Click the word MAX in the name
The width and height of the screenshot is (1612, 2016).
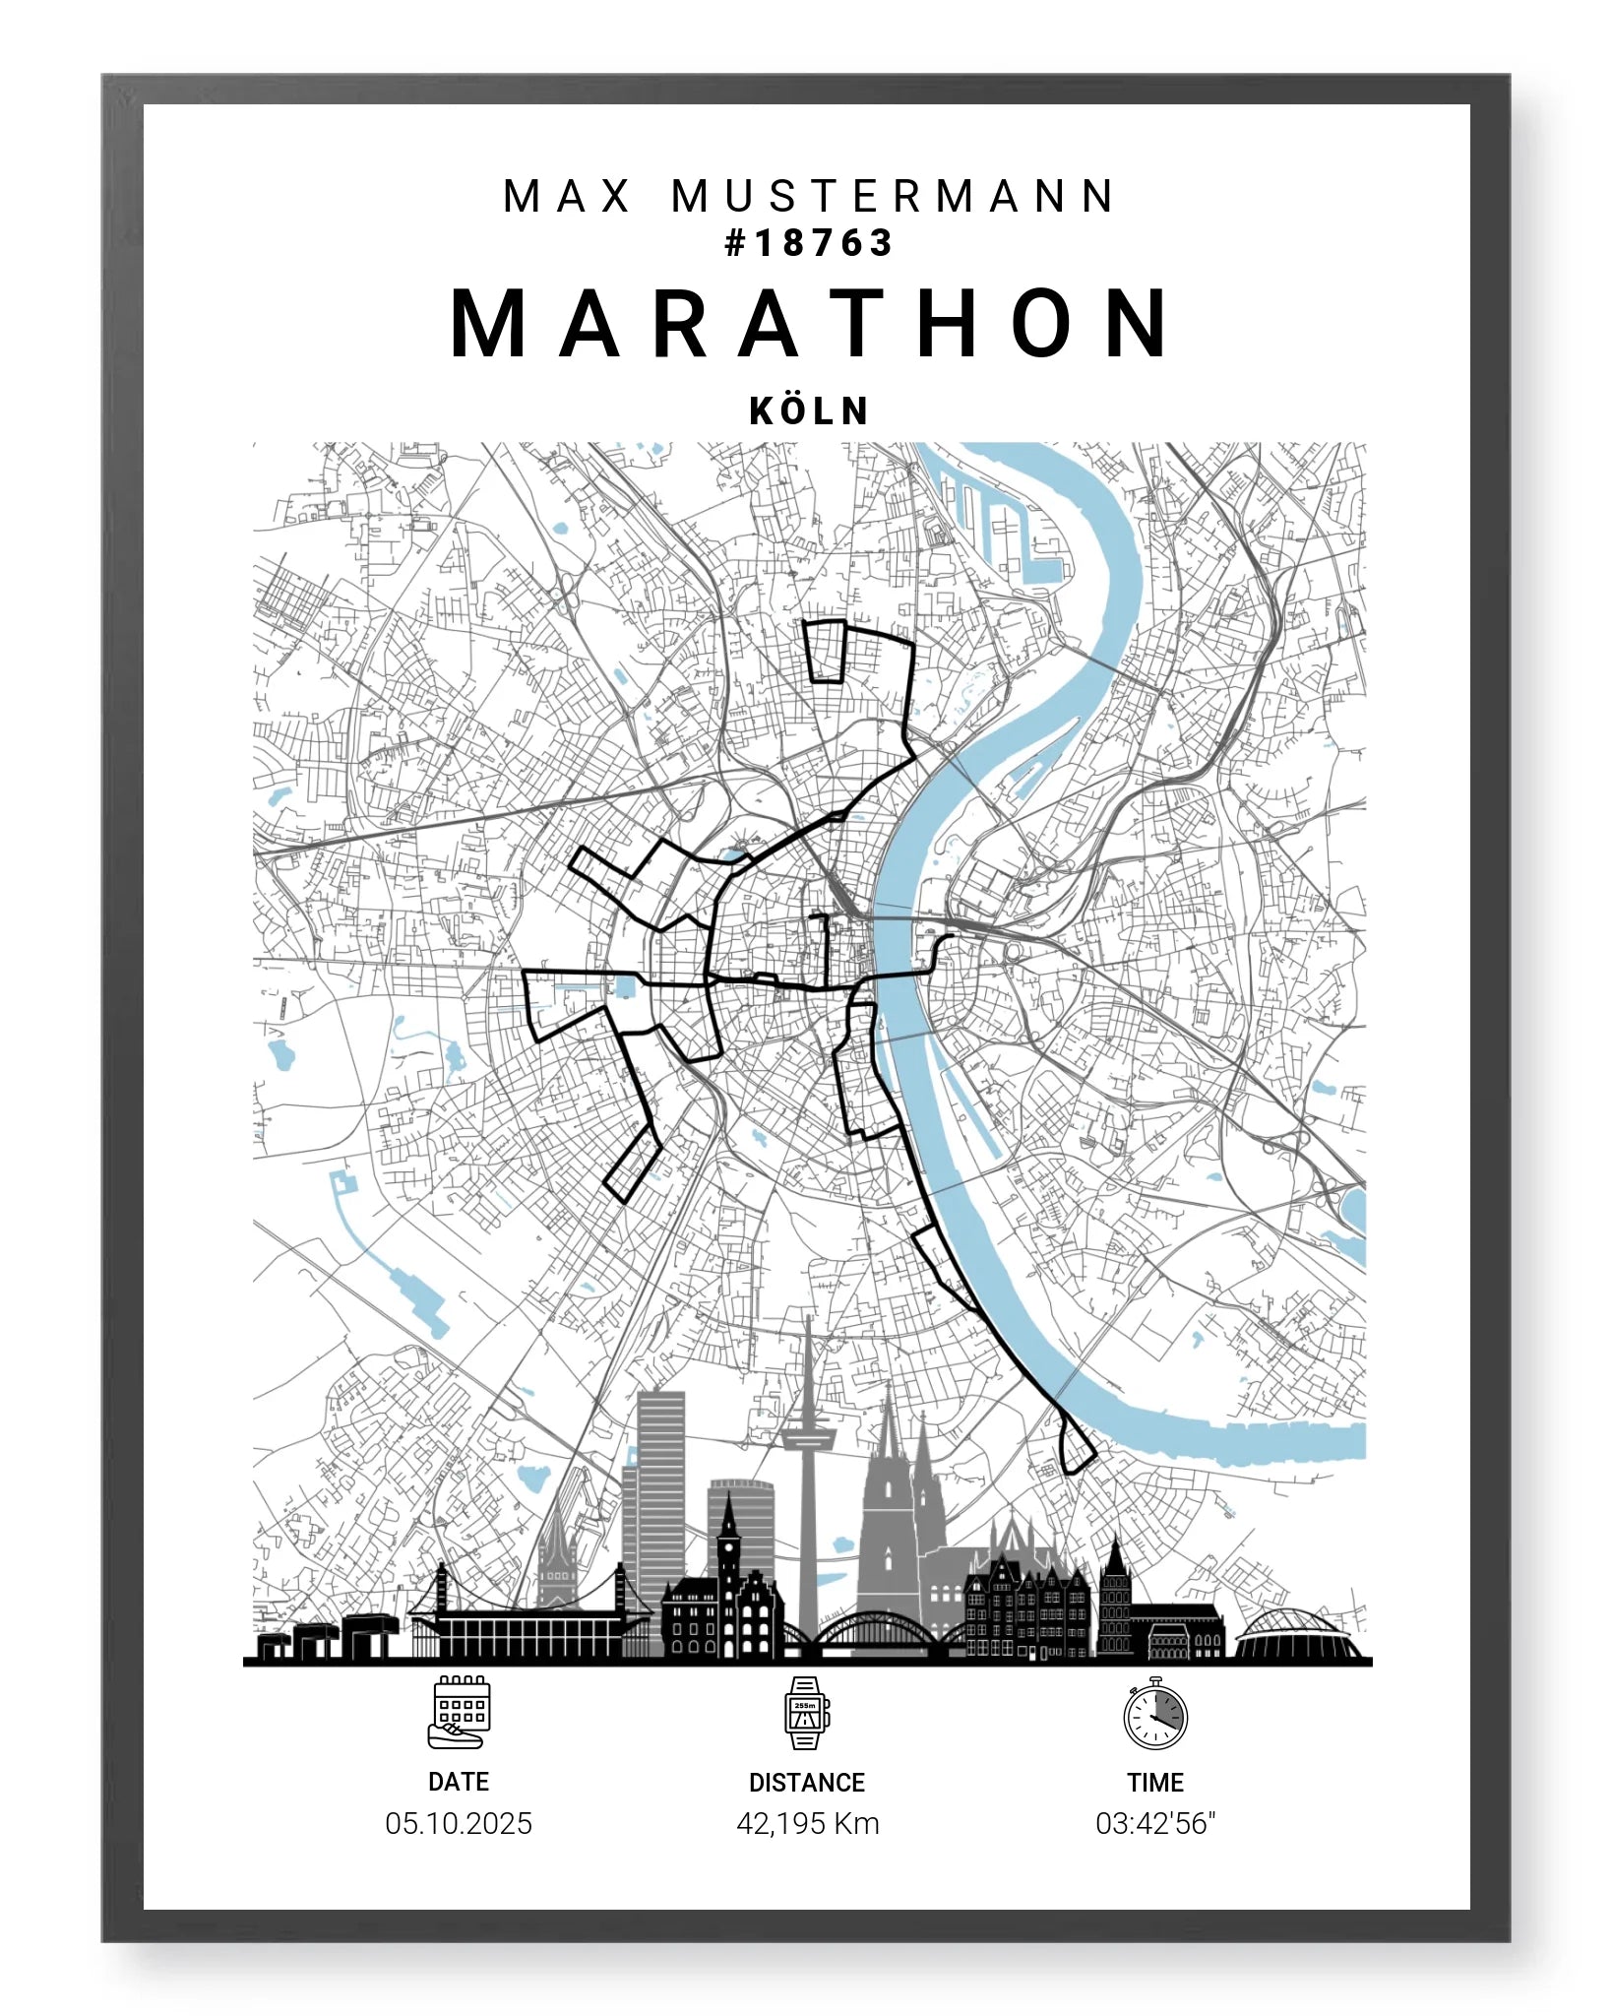(x=567, y=196)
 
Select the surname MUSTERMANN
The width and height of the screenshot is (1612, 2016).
(x=894, y=196)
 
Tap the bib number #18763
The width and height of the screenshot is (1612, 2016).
(x=808, y=243)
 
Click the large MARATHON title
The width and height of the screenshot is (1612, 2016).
(x=810, y=324)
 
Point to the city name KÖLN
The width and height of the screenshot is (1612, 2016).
(x=809, y=411)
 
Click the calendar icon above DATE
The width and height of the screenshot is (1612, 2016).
(x=459, y=1712)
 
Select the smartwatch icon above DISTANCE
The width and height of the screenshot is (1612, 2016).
(x=806, y=1713)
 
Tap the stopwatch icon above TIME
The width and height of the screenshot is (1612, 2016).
(x=1155, y=1714)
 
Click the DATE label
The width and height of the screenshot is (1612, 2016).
(x=459, y=1782)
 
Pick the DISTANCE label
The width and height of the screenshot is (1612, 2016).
(x=807, y=1783)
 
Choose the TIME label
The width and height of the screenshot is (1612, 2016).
(x=1155, y=1783)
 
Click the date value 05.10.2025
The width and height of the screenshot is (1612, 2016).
(x=459, y=1824)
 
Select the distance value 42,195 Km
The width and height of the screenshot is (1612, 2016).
(x=807, y=1824)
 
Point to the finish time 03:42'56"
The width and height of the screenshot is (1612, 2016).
(x=1155, y=1824)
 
